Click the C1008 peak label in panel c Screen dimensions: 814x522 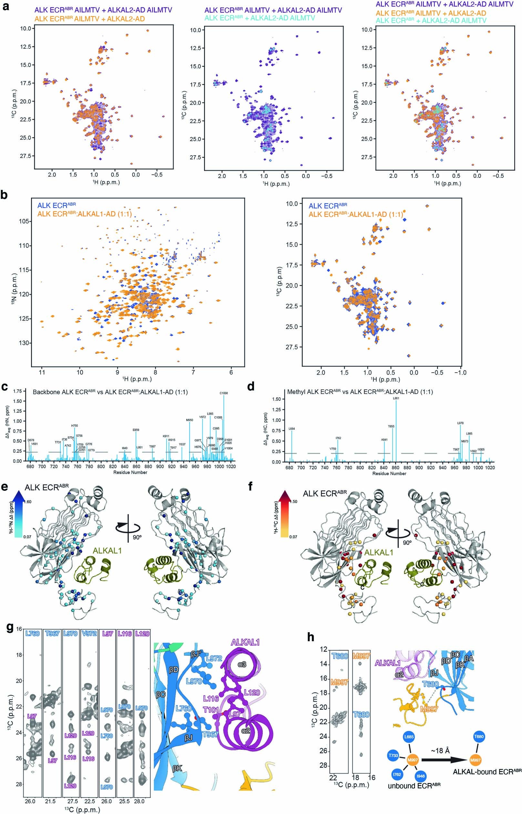pos(224,393)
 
